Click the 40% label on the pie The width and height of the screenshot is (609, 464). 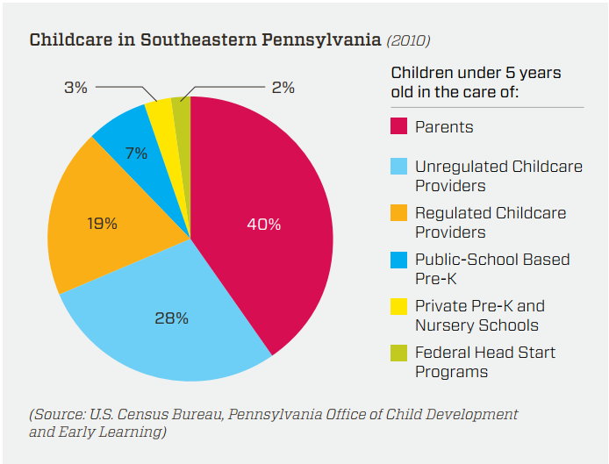tap(263, 225)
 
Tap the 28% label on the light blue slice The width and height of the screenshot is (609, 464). tap(171, 318)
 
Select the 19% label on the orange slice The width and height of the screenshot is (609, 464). tap(102, 223)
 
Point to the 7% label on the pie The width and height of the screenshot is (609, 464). tap(136, 153)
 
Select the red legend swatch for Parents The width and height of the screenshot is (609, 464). tap(399, 127)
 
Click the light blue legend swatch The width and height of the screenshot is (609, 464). tap(399, 167)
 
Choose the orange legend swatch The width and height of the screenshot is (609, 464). tap(399, 213)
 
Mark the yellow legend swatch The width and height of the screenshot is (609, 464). tap(399, 306)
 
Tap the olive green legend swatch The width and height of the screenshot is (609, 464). tap(399, 353)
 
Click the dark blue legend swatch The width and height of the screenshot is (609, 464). tap(399, 260)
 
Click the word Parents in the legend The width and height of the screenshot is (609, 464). tap(444, 127)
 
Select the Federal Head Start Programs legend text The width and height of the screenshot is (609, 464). tap(484, 361)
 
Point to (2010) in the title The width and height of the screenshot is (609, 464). tap(409, 40)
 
